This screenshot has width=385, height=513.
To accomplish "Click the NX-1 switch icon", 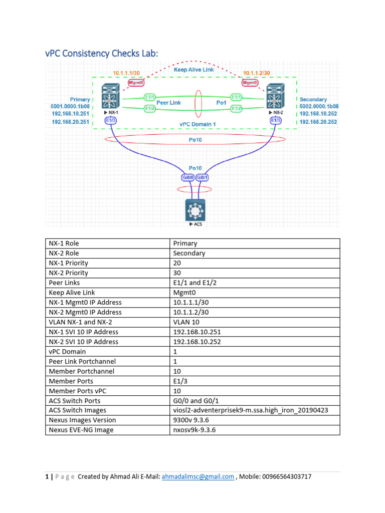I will click(109, 97).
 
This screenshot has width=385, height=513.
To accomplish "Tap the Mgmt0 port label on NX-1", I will click(135, 83).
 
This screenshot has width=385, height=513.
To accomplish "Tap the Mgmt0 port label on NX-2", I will click(250, 83).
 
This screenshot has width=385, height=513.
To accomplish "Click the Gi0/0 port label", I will click(187, 177).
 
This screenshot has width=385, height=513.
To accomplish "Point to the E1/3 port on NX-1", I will click(110, 121).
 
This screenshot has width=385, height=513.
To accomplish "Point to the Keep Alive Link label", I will click(194, 70).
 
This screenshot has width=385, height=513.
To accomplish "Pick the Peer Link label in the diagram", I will click(168, 102).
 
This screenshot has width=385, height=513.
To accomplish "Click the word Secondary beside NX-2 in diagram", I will click(313, 99).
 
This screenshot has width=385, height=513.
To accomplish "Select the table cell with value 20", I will click(256, 263).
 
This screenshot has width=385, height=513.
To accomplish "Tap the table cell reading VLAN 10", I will click(256, 322).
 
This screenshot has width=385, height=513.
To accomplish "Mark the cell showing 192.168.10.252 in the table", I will click(256, 342).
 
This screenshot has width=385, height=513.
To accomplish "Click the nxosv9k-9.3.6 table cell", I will click(256, 430).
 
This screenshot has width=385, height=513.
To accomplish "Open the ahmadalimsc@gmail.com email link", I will click(198, 476).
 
